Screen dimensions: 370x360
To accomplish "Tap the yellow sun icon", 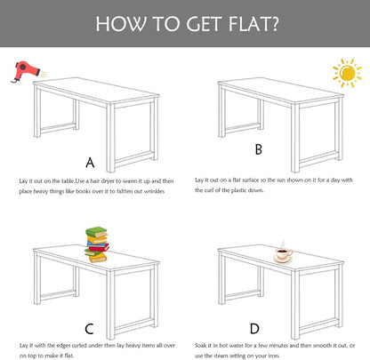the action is [347, 73].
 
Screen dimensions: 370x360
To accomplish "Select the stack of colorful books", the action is [97, 244].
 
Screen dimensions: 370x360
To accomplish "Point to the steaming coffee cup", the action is [283, 252].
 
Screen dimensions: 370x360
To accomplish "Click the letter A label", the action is [90, 163].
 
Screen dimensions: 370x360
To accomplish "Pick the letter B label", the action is [259, 149].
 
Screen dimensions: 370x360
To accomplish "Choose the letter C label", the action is [89, 329].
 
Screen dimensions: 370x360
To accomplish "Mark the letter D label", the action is [254, 329].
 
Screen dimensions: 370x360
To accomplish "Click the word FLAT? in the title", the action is [253, 24].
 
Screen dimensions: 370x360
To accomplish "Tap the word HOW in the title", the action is [121, 24].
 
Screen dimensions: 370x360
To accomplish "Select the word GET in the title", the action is [204, 24].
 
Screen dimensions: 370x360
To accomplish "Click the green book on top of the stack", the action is [96, 232].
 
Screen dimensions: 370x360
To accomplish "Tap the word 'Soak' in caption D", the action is [201, 345].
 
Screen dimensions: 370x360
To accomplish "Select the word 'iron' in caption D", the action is [273, 356].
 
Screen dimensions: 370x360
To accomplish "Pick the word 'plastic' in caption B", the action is [238, 190].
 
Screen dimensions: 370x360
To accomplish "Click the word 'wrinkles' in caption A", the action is [154, 191].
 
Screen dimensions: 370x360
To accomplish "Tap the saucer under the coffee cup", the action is [282, 260].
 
